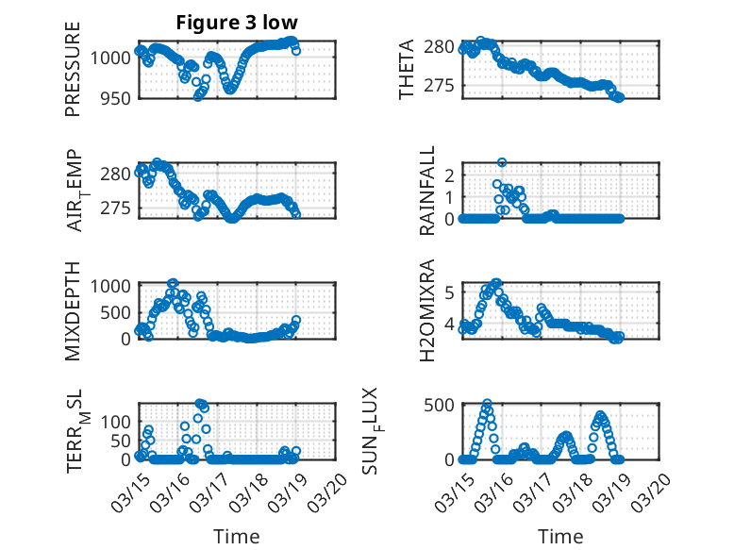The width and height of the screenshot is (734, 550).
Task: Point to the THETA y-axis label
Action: [407, 70]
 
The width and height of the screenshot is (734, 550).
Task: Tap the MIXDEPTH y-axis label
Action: [73, 310]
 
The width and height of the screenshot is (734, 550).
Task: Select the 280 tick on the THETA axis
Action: [442, 47]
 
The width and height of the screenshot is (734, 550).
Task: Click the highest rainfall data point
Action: [502, 162]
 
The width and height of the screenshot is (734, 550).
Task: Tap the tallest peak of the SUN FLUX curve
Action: [487, 403]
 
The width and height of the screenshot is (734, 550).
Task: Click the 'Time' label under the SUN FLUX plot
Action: [560, 537]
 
